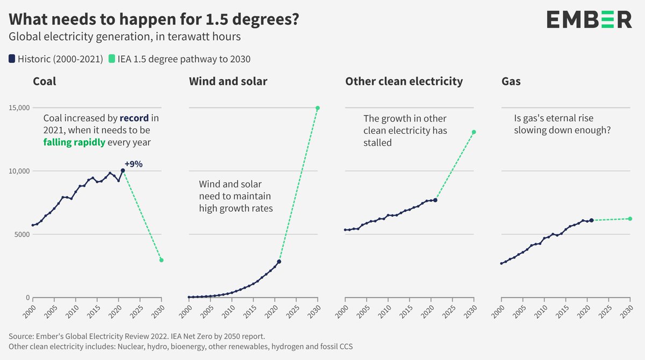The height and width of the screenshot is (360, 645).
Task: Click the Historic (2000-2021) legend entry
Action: [x=56, y=59]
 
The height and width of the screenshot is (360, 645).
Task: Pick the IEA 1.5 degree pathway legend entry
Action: [x=180, y=59]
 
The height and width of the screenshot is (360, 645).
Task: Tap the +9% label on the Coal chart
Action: [x=133, y=164]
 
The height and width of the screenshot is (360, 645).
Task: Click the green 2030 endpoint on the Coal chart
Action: [x=161, y=260]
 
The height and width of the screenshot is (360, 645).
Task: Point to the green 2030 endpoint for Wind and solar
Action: [x=318, y=108]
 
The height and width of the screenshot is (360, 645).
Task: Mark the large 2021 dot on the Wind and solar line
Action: [x=279, y=262]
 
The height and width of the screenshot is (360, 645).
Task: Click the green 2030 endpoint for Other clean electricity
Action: [x=474, y=132]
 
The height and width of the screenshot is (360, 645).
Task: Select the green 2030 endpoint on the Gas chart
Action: [x=630, y=219]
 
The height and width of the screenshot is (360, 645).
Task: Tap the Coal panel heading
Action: [x=45, y=82]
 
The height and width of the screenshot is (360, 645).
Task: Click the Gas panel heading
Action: [x=511, y=82]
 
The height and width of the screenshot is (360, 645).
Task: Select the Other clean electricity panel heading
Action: [x=404, y=82]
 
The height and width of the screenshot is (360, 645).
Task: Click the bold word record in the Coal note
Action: [x=134, y=118]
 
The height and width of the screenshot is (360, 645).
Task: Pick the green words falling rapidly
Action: [x=74, y=142]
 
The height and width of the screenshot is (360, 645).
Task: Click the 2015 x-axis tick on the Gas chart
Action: [x=562, y=311]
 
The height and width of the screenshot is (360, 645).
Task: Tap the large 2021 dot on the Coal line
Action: [x=123, y=170]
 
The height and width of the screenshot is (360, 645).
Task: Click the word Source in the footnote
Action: [x=21, y=336]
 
